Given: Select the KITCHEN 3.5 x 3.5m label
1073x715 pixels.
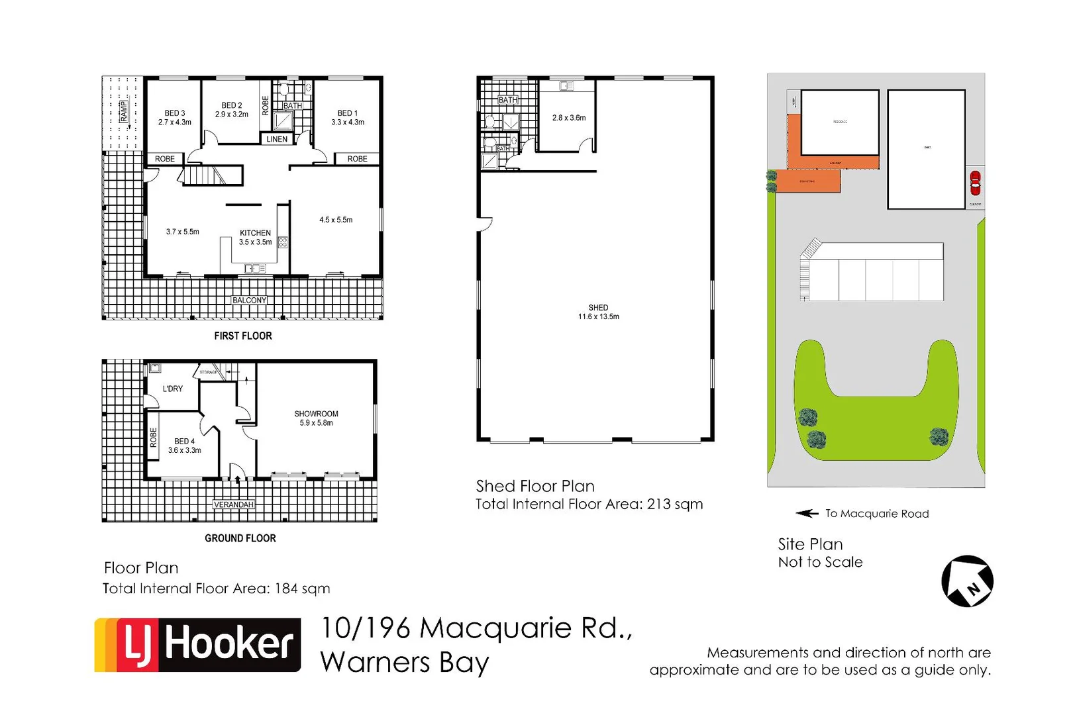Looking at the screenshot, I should (255, 237).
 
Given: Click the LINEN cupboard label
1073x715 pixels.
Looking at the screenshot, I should (277, 139).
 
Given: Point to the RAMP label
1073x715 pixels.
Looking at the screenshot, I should (124, 111).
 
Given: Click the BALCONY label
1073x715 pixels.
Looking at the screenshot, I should (249, 300).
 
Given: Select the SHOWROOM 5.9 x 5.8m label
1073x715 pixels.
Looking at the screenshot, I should (316, 418).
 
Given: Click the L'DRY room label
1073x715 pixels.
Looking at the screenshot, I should (172, 389).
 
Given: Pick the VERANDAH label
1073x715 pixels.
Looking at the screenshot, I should (233, 504).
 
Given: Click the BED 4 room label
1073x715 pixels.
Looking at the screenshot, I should (184, 445).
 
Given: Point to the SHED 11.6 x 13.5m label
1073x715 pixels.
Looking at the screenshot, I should (598, 312).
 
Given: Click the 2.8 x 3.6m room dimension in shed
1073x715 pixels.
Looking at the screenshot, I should (568, 118).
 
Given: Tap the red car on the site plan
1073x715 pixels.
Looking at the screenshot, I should (975, 183).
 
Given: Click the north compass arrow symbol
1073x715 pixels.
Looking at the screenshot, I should (967, 581).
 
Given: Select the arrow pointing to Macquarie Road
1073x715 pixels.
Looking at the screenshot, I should (807, 513).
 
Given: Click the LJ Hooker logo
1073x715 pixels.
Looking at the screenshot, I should (197, 644).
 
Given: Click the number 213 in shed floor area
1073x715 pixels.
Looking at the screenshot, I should (658, 504).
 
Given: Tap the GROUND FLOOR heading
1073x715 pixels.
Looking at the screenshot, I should (240, 538).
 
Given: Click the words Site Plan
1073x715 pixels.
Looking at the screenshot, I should (809, 544).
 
